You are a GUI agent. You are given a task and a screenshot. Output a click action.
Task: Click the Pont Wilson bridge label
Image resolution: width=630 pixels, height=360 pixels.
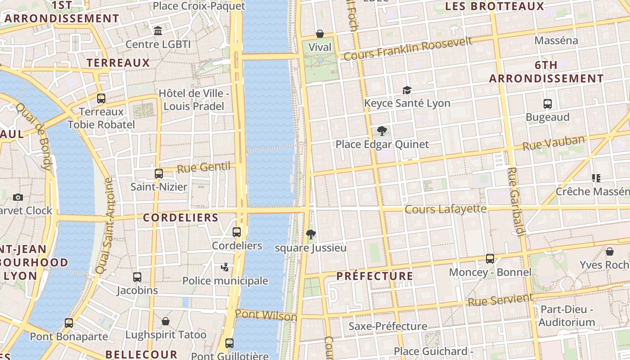(x=266, y=315)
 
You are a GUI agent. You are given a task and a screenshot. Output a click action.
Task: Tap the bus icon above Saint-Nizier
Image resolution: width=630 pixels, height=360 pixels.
(x=159, y=173)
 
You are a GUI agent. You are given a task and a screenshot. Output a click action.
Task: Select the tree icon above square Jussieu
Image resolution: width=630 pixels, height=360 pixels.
(x=310, y=234)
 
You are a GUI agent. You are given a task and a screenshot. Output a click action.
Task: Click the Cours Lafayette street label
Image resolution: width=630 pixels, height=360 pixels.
(x=445, y=209)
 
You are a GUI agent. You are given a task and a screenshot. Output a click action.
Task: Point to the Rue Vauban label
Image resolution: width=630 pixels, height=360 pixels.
(x=553, y=143)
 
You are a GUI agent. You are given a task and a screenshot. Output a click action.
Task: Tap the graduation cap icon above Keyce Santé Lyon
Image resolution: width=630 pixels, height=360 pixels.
(x=407, y=90)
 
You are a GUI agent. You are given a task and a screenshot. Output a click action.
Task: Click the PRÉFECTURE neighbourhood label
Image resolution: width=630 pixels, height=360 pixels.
(x=374, y=276)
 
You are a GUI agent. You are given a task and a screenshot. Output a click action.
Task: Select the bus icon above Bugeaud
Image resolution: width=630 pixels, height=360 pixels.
(x=548, y=104)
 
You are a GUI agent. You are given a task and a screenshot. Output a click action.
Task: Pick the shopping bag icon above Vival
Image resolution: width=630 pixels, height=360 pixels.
(x=320, y=34)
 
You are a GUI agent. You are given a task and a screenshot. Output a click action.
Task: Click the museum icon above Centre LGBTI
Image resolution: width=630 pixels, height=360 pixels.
(x=158, y=31)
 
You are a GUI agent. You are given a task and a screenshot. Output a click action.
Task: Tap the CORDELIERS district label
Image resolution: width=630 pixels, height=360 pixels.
(x=180, y=218)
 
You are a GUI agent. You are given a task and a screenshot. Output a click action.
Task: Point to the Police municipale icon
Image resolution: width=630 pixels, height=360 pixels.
(x=225, y=267)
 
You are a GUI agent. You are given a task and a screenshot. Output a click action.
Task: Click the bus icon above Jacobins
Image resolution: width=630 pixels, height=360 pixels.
(x=137, y=277)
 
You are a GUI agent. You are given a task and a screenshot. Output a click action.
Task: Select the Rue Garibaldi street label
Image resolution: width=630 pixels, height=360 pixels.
(x=516, y=202)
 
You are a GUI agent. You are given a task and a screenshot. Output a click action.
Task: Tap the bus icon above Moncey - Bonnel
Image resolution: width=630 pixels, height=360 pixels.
(x=490, y=259)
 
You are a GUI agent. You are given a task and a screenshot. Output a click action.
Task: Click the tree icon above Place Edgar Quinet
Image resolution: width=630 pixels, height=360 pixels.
(x=382, y=131)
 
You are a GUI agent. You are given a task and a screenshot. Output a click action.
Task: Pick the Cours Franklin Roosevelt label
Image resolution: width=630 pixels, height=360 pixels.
(x=408, y=49)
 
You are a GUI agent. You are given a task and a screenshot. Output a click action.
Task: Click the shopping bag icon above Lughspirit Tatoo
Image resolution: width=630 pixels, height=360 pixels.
(x=166, y=321)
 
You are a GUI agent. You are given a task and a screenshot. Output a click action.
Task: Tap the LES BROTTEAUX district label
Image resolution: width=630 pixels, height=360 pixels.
(x=495, y=6)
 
